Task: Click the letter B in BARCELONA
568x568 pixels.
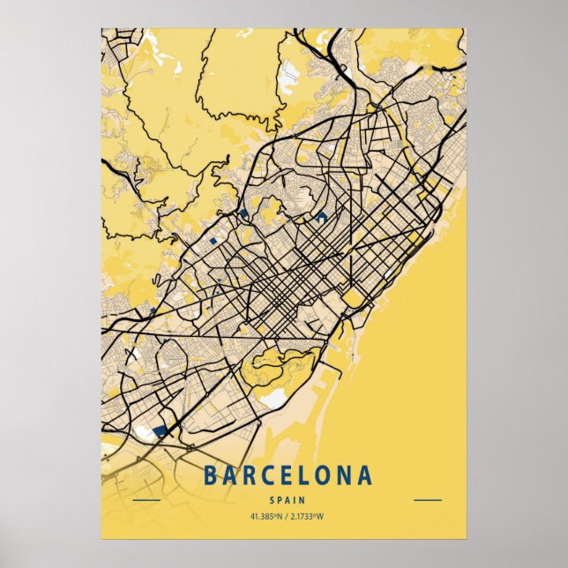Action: tap(210, 476)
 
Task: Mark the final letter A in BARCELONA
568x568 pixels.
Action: tap(365, 476)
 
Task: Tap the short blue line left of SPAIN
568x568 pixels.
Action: tap(146, 500)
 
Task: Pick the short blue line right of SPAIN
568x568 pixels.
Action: tap(428, 500)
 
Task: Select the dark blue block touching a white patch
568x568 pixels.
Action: tap(161, 431)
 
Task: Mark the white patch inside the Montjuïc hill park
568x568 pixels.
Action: tap(274, 399)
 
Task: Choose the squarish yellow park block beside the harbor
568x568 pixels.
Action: tap(353, 300)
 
